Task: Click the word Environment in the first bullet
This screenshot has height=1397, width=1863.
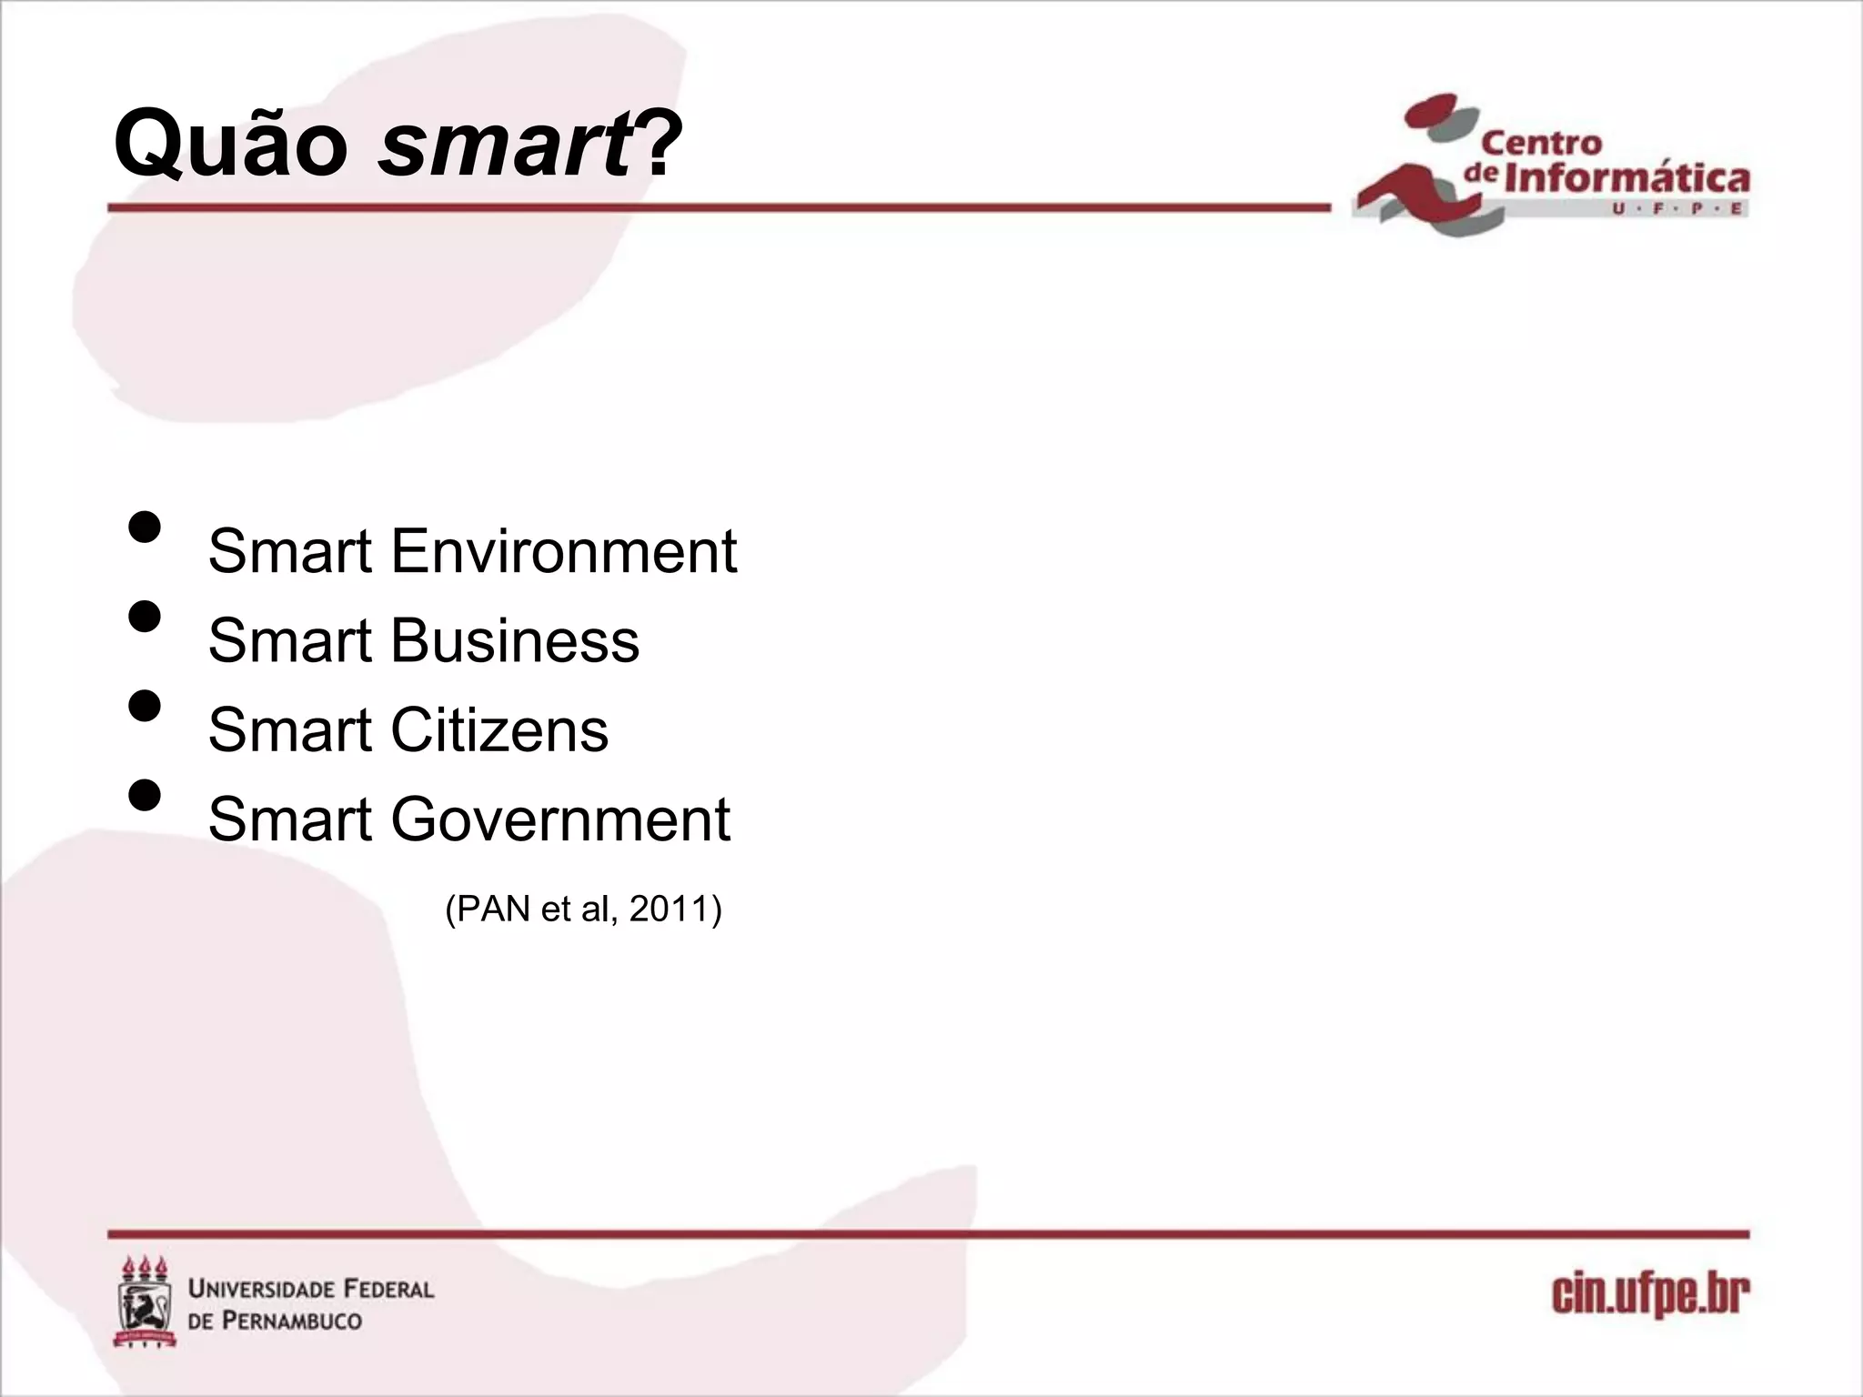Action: click(x=563, y=551)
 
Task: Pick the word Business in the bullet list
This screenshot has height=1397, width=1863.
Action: click(x=515, y=640)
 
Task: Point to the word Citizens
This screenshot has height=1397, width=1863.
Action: click(x=499, y=729)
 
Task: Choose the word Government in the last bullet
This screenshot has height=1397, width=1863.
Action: click(x=560, y=819)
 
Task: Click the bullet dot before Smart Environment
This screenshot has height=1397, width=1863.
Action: click(x=145, y=527)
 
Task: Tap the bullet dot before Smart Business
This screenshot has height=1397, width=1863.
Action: click(x=145, y=616)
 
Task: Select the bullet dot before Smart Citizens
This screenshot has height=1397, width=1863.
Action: click(x=145, y=706)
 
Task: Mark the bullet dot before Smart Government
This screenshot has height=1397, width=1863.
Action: click(x=145, y=795)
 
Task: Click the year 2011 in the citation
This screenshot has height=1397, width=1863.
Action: click(x=670, y=909)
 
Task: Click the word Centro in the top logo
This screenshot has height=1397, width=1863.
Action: click(x=1541, y=143)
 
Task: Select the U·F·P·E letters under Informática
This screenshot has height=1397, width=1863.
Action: click(x=1678, y=209)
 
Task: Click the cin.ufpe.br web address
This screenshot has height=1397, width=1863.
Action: click(x=1650, y=1295)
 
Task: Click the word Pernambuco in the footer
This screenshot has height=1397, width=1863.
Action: click(x=293, y=1320)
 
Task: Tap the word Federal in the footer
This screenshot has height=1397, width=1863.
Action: click(x=377, y=1289)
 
